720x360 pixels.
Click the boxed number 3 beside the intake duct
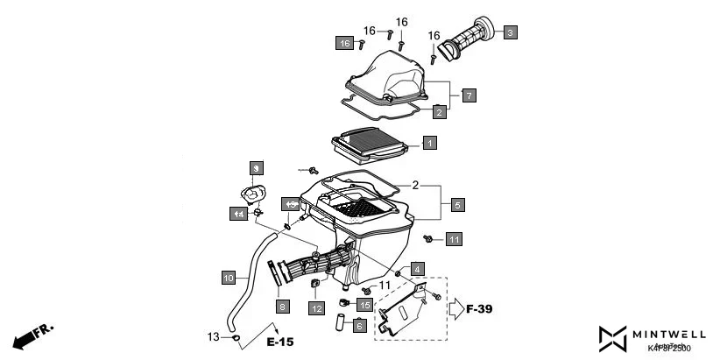click(510, 32)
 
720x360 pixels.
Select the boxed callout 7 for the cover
click(469, 95)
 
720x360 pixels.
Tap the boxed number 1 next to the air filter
click(429, 141)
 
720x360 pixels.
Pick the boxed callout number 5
click(457, 205)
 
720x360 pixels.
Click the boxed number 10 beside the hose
click(228, 279)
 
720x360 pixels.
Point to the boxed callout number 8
click(282, 306)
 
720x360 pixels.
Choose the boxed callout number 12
click(315, 307)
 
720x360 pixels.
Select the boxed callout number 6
click(359, 325)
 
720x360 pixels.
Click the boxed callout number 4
click(418, 268)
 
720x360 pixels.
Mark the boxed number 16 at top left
click(345, 43)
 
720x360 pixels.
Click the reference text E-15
click(280, 342)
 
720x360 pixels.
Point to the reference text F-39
click(481, 309)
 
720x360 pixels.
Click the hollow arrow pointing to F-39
click(456, 308)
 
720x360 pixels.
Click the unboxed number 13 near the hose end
click(213, 336)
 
